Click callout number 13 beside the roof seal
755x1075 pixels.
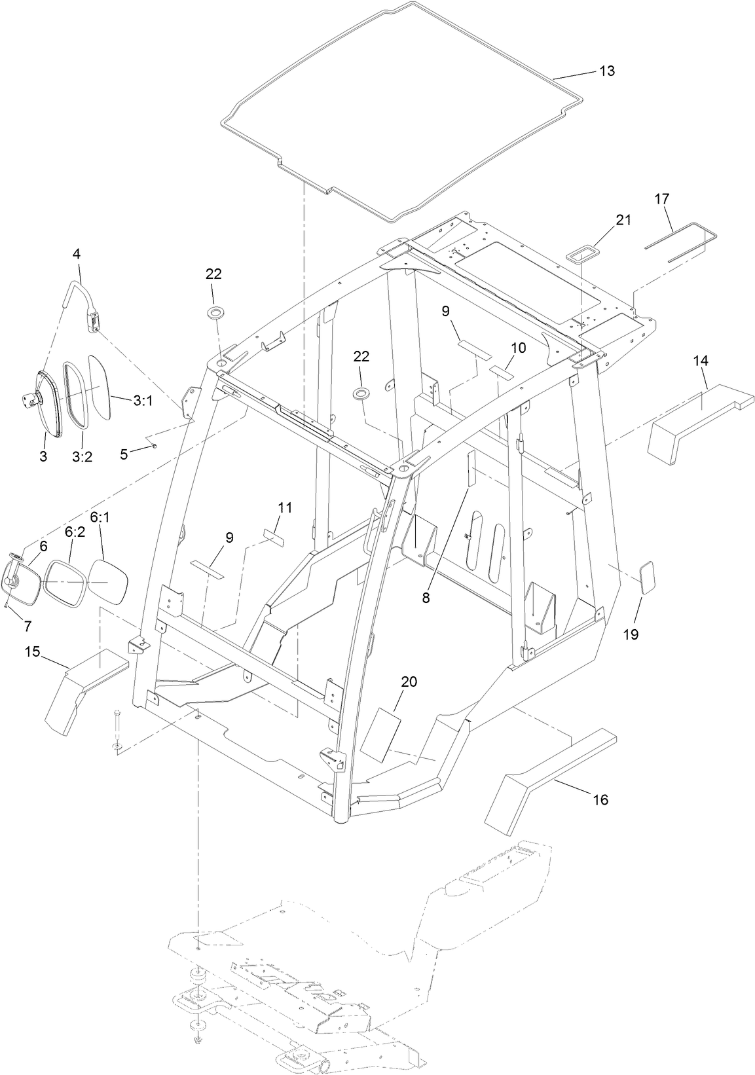click(x=607, y=71)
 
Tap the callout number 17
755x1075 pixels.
click(x=661, y=198)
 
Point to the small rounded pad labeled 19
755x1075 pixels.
click(x=646, y=577)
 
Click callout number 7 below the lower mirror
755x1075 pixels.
click(x=28, y=626)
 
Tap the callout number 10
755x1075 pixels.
click(x=518, y=348)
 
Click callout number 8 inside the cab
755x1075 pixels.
click(x=426, y=597)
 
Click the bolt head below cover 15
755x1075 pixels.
click(x=116, y=713)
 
